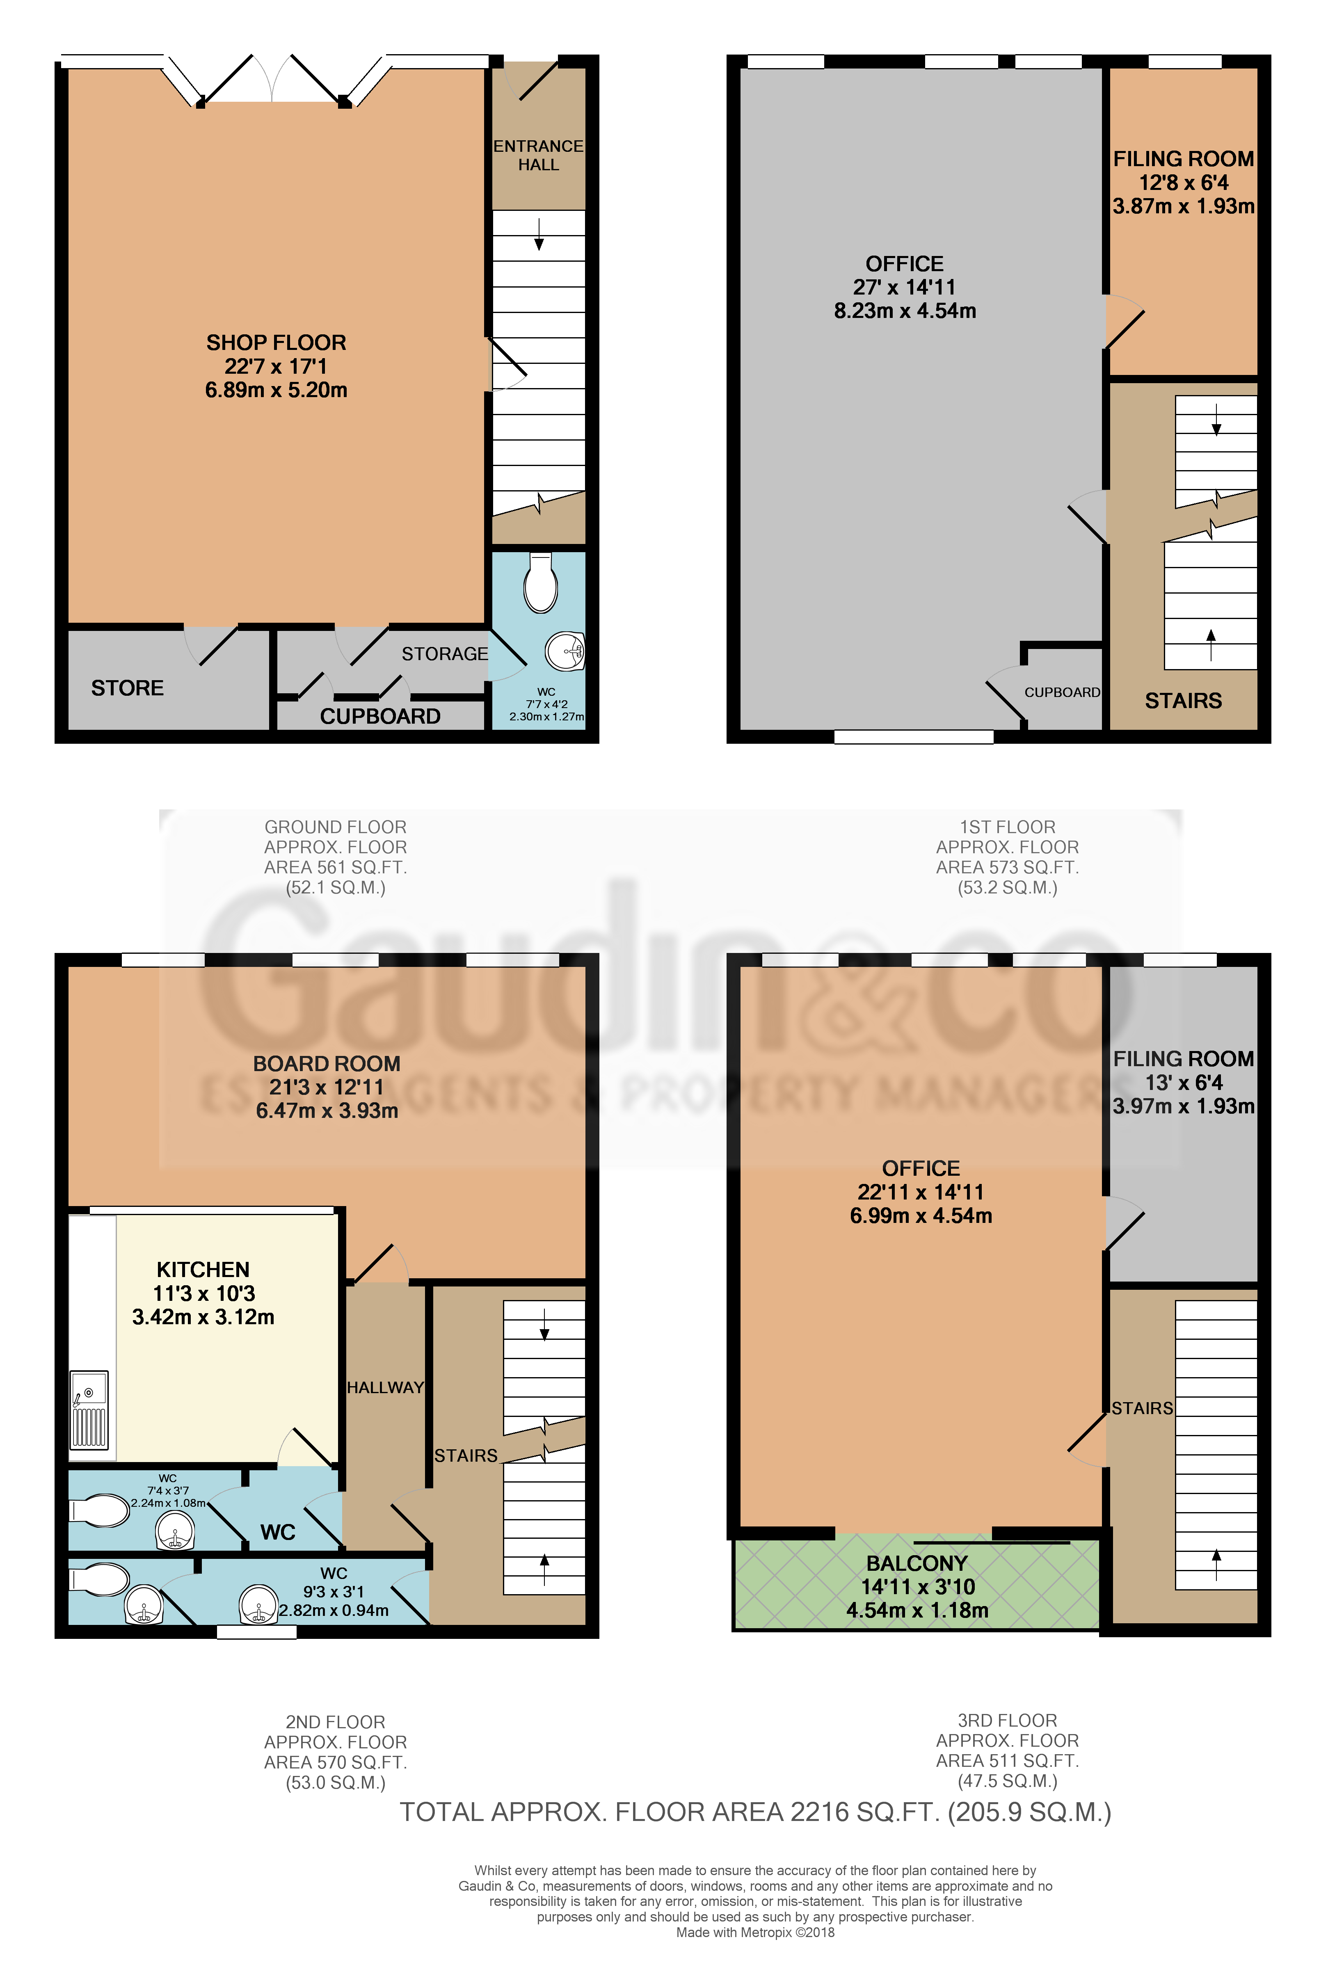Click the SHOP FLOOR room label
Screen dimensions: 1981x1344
click(276, 343)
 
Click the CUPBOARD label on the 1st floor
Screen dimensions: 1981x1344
click(1062, 692)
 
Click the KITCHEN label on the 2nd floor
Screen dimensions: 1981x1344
click(203, 1269)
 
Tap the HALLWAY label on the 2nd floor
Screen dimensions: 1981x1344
click(385, 1388)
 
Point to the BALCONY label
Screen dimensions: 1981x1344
click(917, 1563)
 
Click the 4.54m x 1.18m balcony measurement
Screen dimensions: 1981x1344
click(917, 1610)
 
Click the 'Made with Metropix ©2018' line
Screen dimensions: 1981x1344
click(755, 1933)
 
